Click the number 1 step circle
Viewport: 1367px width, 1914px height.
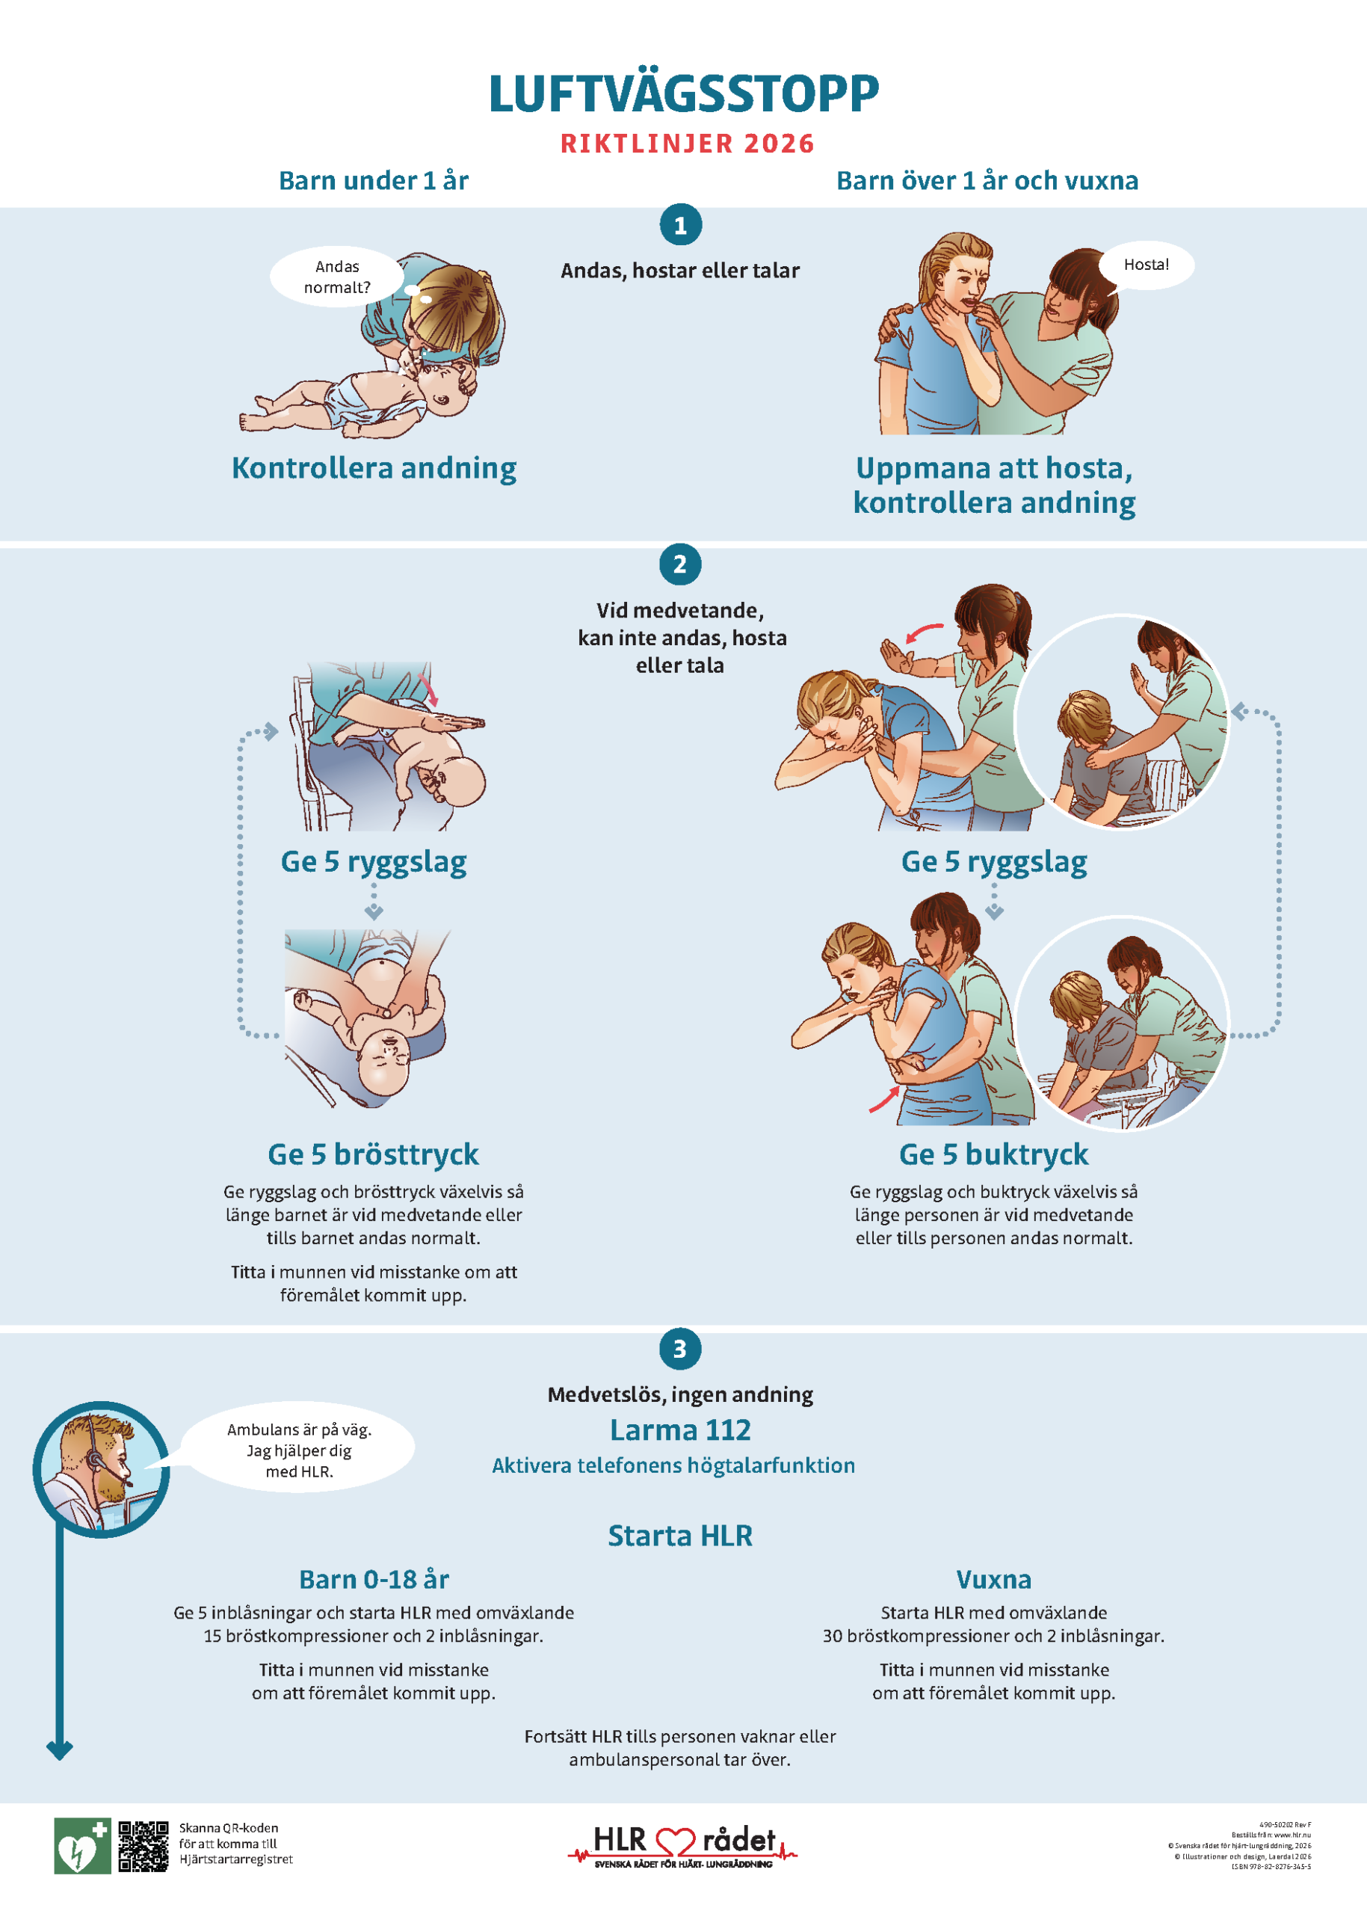(x=680, y=225)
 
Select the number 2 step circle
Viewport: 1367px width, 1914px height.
(x=680, y=564)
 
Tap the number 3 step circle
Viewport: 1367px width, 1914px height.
(x=680, y=1349)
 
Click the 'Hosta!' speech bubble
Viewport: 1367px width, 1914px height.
(x=1146, y=265)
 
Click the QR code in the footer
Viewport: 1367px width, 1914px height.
(x=143, y=1846)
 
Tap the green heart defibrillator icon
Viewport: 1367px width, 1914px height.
(x=81, y=1846)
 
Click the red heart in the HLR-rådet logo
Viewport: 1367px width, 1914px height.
(x=675, y=1842)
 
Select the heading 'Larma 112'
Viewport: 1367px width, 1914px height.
(x=680, y=1430)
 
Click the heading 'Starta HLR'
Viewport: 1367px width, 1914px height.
(x=680, y=1536)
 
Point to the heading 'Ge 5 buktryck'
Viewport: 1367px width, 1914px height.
(x=993, y=1154)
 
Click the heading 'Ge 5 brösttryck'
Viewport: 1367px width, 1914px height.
(x=373, y=1154)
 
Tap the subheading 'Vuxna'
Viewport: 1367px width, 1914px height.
(x=993, y=1580)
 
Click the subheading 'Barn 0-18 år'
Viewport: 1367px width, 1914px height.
(x=374, y=1580)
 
